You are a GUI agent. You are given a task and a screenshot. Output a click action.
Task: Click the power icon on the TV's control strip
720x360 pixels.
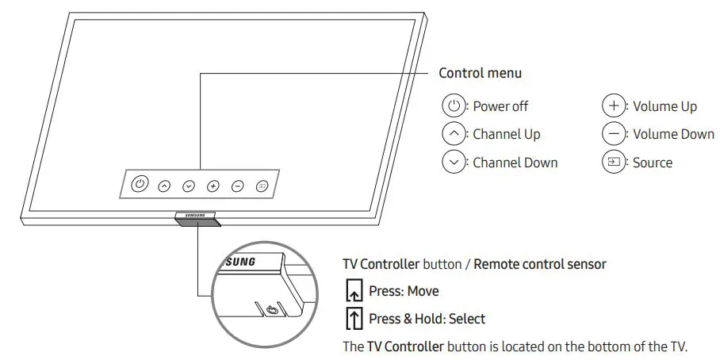point(140,184)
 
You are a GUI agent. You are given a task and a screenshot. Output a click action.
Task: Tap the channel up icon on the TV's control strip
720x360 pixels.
point(164,186)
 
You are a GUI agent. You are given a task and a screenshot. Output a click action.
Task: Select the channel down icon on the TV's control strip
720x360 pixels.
point(189,186)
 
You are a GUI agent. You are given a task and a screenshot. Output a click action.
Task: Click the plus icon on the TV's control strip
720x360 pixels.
point(213,186)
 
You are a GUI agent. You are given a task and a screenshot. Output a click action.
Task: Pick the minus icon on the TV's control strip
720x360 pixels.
point(238,186)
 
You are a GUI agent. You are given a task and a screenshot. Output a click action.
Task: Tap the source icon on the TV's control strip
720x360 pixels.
point(262,186)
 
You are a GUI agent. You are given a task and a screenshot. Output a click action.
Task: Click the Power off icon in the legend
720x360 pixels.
point(453,105)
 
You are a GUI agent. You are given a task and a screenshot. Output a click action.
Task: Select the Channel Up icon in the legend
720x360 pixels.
point(453,134)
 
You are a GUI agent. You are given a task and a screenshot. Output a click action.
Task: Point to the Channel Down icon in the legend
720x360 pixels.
point(453,162)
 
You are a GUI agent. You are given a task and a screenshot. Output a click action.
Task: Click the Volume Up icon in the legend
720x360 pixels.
point(613,105)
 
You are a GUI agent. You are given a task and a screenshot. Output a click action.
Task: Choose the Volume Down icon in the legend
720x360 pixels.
point(613,134)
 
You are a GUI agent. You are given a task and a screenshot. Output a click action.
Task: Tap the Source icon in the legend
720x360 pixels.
point(613,162)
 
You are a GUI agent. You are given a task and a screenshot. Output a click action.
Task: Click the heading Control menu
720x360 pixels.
point(481,73)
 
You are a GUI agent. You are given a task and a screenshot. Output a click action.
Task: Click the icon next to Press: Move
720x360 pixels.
point(353,291)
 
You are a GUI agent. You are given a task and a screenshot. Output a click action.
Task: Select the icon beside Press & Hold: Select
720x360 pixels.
point(353,319)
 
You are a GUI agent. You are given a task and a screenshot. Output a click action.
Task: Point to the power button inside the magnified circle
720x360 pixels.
point(272,310)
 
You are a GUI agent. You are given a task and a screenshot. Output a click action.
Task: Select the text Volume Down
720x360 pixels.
point(673,134)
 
